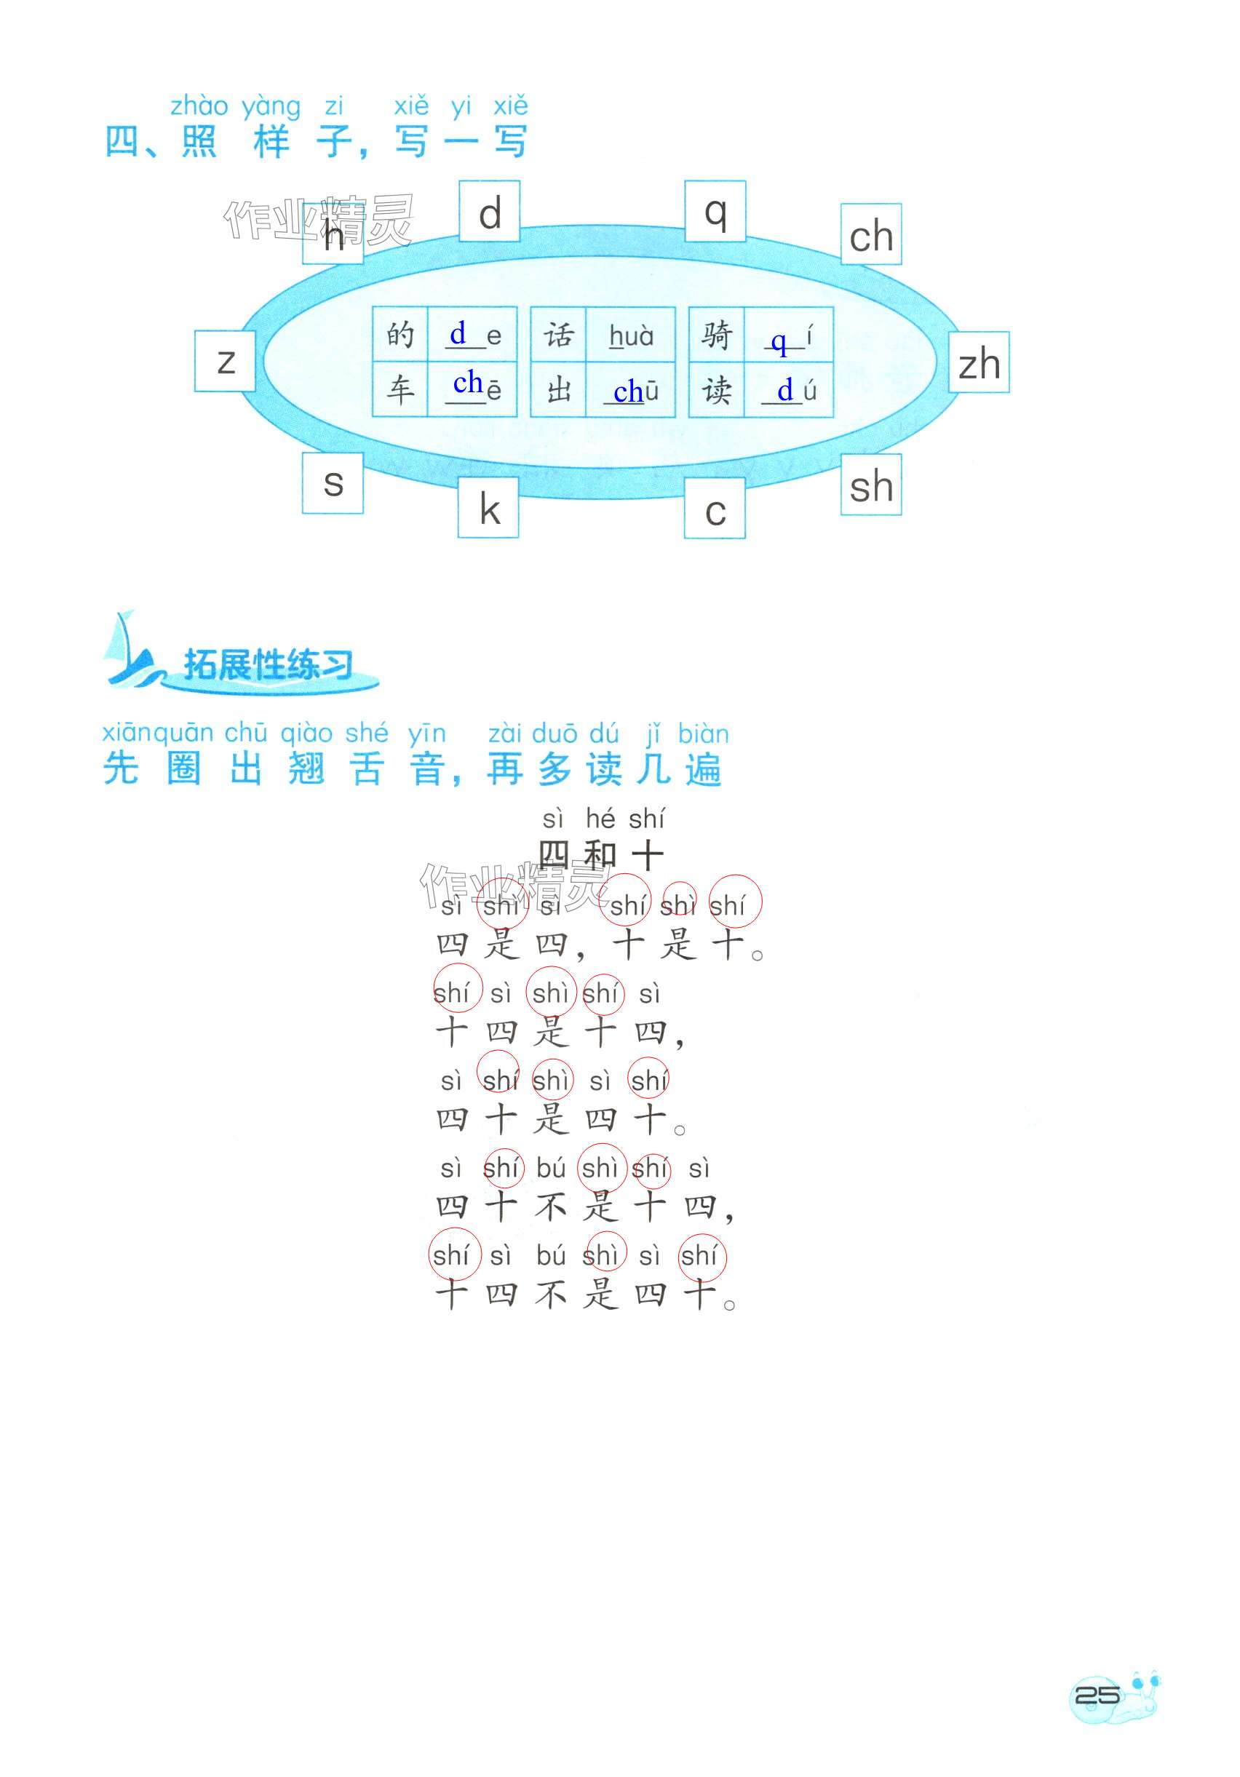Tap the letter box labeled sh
[871, 485]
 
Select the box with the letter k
[488, 508]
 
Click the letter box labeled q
[715, 211]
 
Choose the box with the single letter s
[333, 483]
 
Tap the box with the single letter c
[715, 509]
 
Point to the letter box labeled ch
[871, 234]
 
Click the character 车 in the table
[400, 390]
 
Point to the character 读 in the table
[716, 390]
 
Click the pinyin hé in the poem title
[600, 818]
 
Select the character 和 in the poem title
[600, 854]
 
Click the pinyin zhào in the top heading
[199, 106]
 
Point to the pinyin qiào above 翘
[306, 733]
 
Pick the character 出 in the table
[558, 390]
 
